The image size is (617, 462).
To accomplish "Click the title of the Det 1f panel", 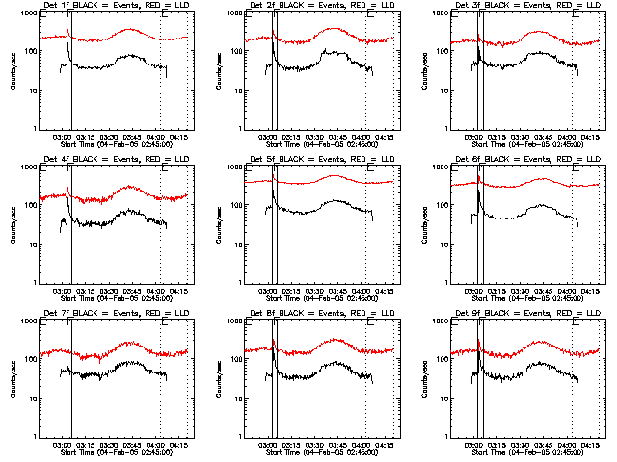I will point(113,7).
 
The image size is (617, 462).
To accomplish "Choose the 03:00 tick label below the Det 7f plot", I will point(64,446).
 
